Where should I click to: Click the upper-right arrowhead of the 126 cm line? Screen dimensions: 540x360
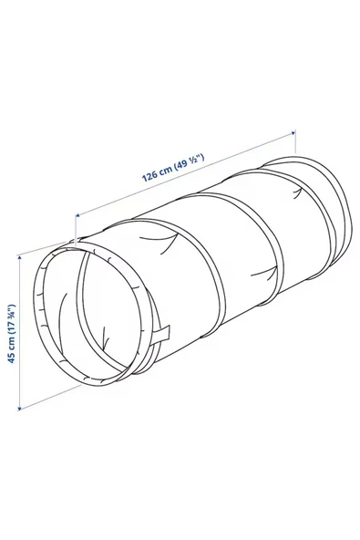pyautogui.click(x=293, y=136)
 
